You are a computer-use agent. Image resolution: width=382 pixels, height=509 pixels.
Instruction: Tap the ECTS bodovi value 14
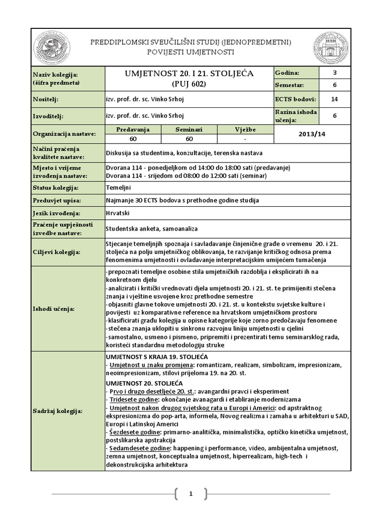(x=334, y=99)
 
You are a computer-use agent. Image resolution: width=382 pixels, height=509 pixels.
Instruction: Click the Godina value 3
(x=334, y=73)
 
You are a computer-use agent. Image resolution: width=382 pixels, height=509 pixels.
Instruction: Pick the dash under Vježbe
(x=245, y=139)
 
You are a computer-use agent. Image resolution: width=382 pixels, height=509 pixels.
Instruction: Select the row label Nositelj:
(x=45, y=99)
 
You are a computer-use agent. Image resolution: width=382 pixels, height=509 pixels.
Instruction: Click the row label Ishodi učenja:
(x=53, y=309)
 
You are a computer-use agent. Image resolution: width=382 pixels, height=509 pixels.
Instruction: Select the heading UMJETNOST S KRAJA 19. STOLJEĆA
(x=157, y=357)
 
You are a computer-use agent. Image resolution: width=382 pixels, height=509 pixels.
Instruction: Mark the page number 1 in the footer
(x=190, y=494)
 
